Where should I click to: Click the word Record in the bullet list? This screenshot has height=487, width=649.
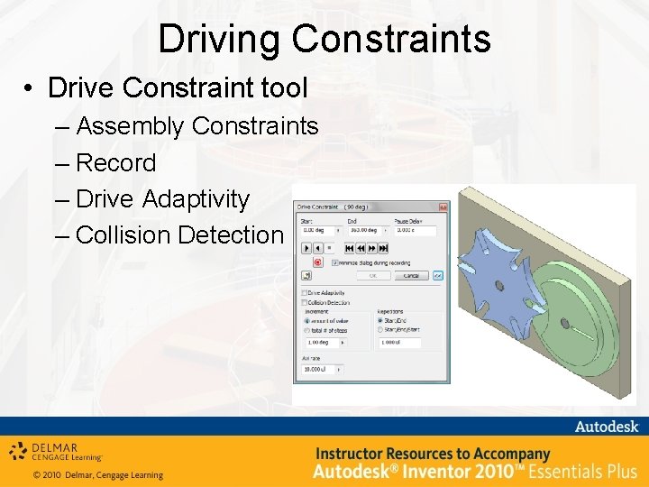(116, 163)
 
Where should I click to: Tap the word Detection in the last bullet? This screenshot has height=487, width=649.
(230, 235)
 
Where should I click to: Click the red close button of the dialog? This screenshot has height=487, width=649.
(443, 207)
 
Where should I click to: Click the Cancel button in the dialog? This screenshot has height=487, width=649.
(410, 275)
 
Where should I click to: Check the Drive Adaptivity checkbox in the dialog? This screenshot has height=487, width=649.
(304, 293)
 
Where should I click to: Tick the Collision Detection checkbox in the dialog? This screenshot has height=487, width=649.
(304, 302)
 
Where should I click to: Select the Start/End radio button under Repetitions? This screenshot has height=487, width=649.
(380, 320)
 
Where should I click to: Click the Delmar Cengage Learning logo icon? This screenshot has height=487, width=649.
(17, 450)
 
